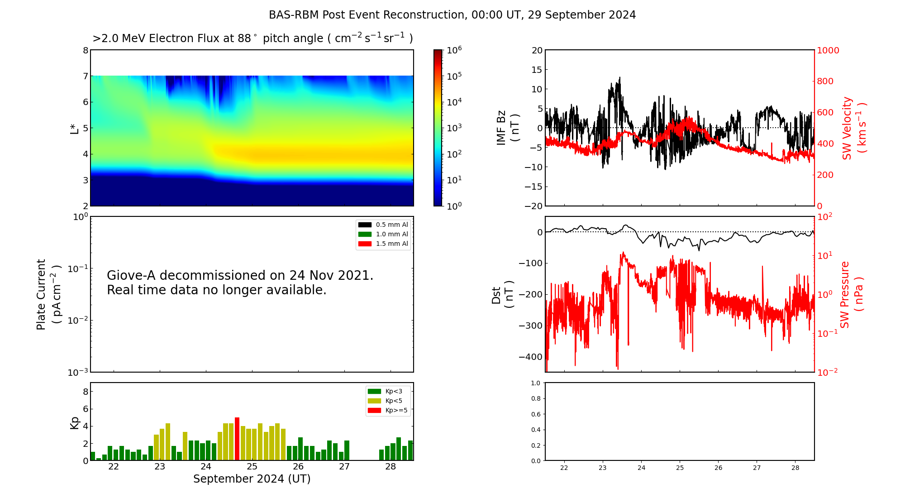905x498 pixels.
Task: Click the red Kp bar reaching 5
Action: [x=237, y=439]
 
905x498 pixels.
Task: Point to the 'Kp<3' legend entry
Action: [x=385, y=392]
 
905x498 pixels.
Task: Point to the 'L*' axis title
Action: [x=75, y=129]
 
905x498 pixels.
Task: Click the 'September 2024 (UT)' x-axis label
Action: [x=252, y=479]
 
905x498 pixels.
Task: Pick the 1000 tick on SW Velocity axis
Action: [x=828, y=50]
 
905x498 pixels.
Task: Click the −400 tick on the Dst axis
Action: [x=530, y=357]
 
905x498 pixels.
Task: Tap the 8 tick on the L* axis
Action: [x=86, y=50]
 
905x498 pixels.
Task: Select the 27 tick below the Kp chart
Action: [x=344, y=467]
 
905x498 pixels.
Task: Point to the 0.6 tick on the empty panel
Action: [x=535, y=414]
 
